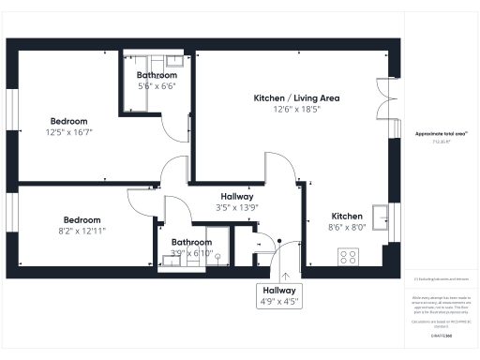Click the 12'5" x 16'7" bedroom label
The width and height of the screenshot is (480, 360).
69,127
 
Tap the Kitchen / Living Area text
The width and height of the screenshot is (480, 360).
296,97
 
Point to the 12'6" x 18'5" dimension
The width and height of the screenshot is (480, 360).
296,110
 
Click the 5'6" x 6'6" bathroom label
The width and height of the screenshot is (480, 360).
157,80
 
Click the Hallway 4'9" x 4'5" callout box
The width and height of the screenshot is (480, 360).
285,295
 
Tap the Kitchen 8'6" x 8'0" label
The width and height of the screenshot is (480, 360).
346,220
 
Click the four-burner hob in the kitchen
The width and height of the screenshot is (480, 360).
348,256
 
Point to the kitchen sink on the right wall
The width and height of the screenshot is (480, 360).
380,217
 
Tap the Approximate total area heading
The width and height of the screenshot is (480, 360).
442,135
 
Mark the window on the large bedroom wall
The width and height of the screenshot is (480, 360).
11,112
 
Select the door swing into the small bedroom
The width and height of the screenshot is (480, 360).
139,200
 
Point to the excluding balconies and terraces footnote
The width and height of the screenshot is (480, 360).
442,279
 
